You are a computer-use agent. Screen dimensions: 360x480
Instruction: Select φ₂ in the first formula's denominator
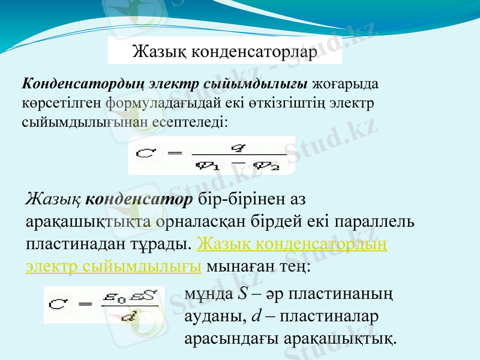pos(266,164)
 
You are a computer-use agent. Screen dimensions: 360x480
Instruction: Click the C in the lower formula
pos(58,305)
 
